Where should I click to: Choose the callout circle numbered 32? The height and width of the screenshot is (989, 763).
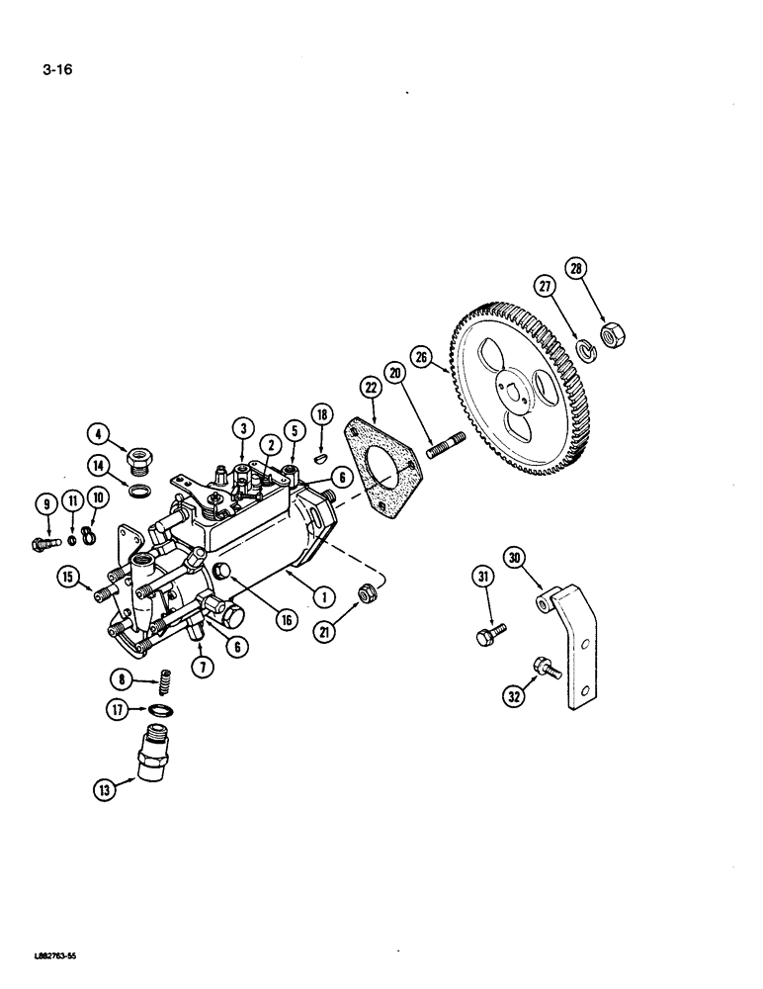click(x=515, y=695)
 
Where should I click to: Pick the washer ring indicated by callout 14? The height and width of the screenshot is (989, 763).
click(x=140, y=490)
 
